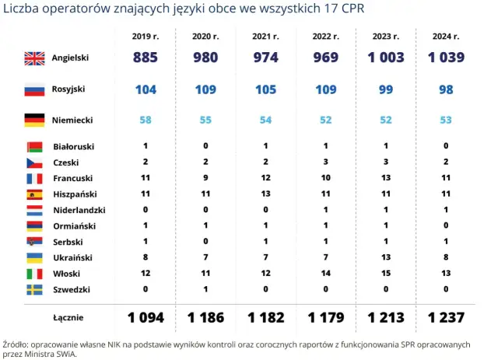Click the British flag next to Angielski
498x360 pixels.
(x=35, y=58)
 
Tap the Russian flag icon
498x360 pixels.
(x=35, y=89)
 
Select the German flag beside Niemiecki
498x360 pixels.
(x=35, y=120)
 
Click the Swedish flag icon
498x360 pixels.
(x=35, y=289)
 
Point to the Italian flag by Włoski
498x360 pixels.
(x=35, y=274)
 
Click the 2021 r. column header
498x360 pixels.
(x=265, y=36)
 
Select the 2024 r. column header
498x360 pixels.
(x=446, y=36)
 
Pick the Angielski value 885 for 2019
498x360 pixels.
(x=146, y=58)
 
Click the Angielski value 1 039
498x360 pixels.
(x=446, y=58)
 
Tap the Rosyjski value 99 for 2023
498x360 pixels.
(x=386, y=89)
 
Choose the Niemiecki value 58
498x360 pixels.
(x=146, y=120)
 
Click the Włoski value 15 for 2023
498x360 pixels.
(x=386, y=274)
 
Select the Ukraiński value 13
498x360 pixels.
(x=386, y=257)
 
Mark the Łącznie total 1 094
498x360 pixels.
(x=146, y=317)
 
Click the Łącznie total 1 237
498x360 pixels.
(x=446, y=317)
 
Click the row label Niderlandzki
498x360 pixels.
(x=79, y=210)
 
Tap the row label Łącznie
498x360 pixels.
(x=68, y=317)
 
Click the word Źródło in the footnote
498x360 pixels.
(x=15, y=341)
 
